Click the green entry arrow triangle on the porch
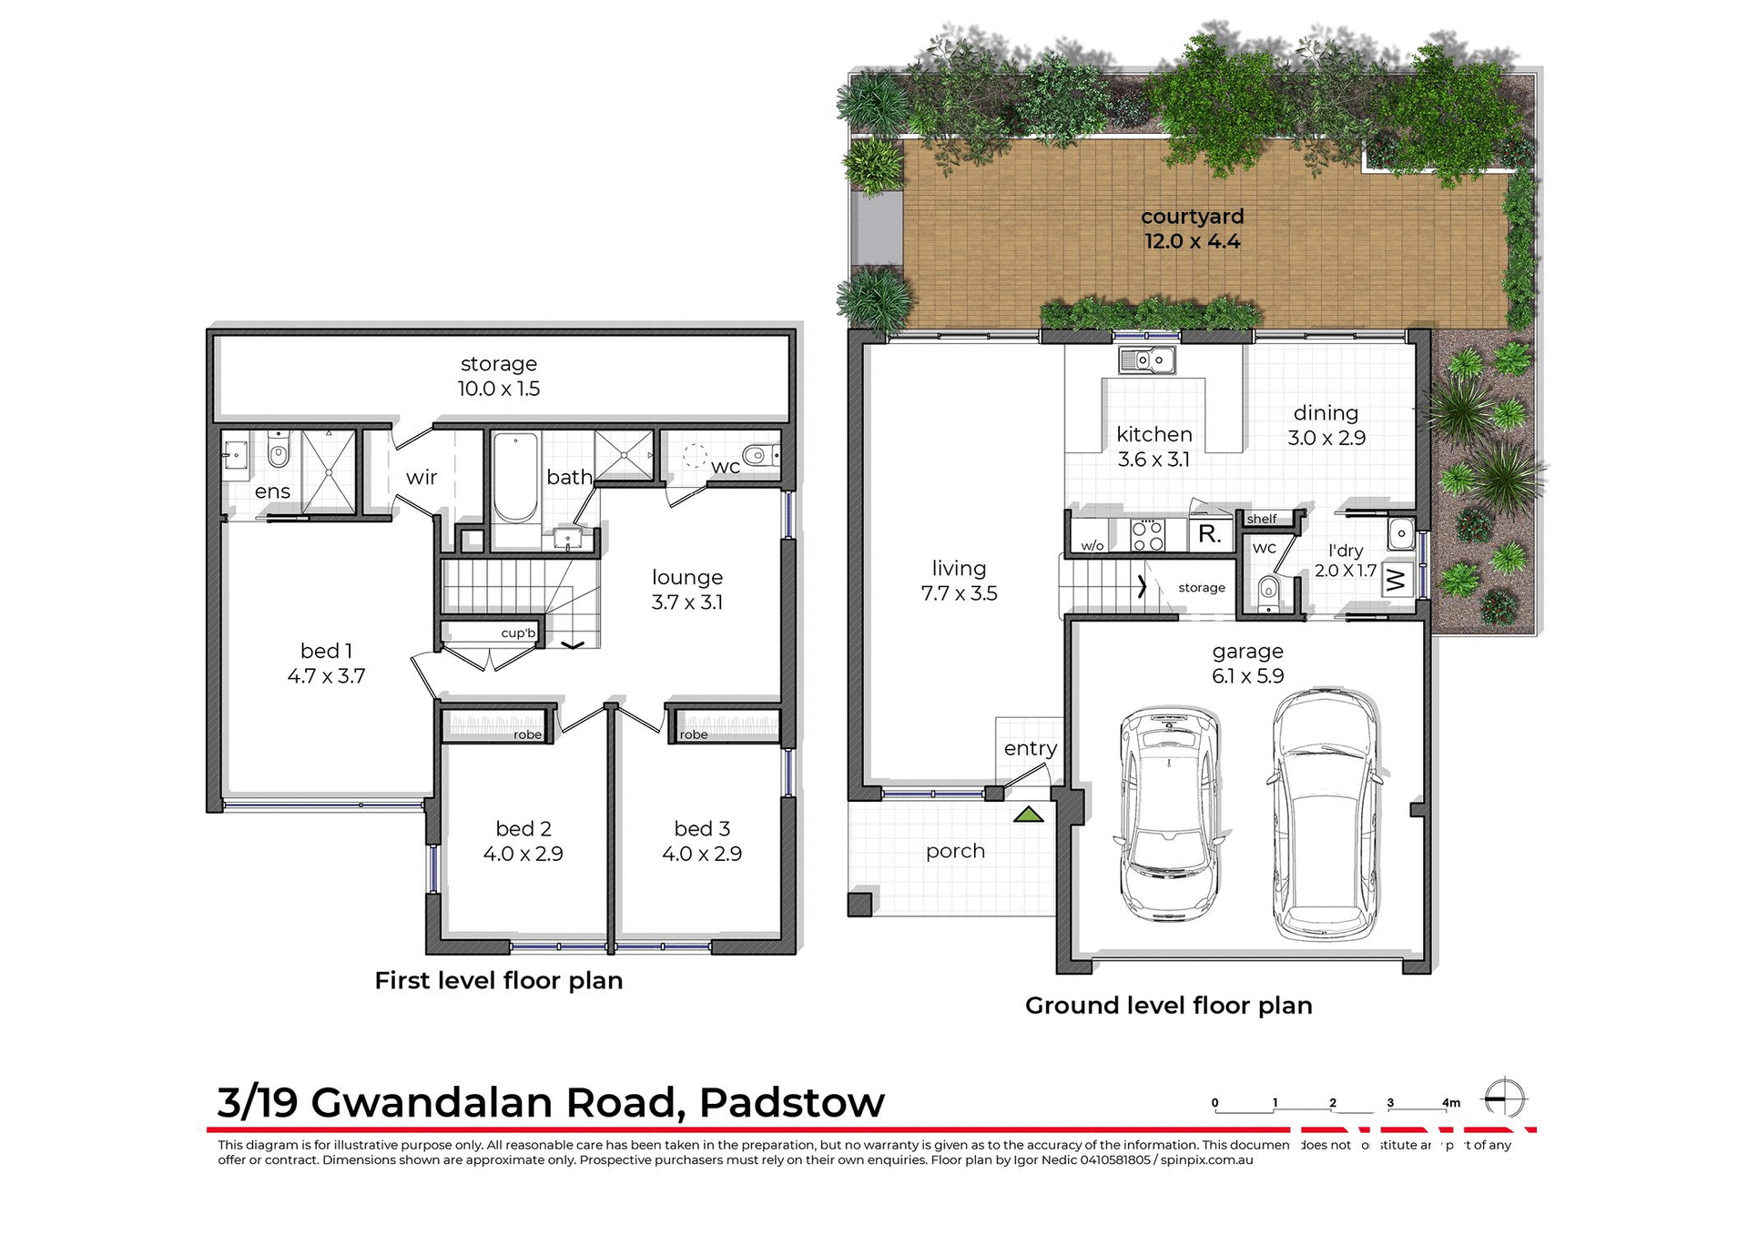click(x=1029, y=815)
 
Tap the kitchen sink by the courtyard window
click(x=1147, y=360)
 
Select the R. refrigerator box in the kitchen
click(x=1210, y=534)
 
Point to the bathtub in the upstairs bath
click(x=515, y=478)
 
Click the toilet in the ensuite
click(x=279, y=451)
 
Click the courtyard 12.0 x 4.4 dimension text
click(x=1192, y=242)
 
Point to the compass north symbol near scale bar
click(x=1504, y=1098)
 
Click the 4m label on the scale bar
click(x=1451, y=1103)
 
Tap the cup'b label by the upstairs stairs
click(x=518, y=633)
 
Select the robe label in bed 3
click(x=694, y=734)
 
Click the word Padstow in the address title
click(x=791, y=1102)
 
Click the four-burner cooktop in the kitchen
click(x=1147, y=535)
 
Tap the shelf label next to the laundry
click(x=1262, y=519)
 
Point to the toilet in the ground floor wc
click(x=1268, y=592)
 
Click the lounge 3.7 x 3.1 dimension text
click(x=686, y=602)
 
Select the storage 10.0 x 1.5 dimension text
click(x=498, y=389)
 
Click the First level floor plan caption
click(x=498, y=981)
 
